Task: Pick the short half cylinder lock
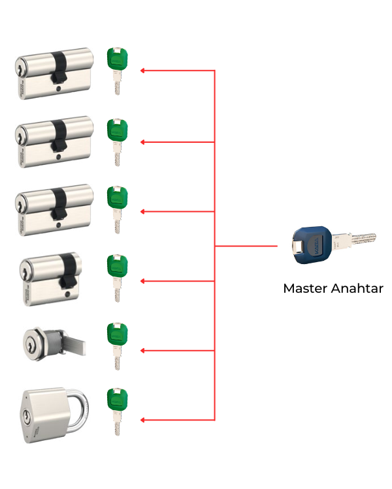pos(50,276)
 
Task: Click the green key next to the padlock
pos(116,409)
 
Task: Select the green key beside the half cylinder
pos(116,274)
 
